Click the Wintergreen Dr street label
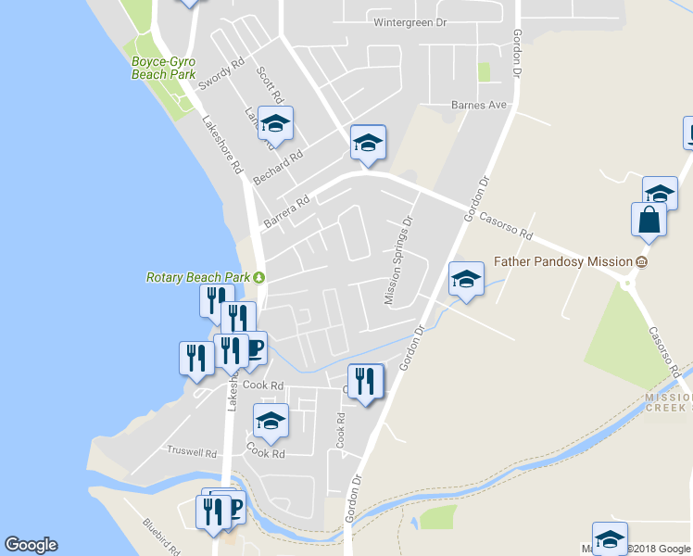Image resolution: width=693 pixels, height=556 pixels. pos(409,22)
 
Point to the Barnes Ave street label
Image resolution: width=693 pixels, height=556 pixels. pos(479,106)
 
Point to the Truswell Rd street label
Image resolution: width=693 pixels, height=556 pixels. pos(192,453)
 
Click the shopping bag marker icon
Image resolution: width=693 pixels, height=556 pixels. pos(649,221)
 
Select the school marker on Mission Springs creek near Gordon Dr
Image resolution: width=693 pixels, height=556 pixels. pos(465,278)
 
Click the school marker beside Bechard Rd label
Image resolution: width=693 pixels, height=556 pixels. pos(275,123)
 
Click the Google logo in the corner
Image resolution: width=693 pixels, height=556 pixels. pos(31,545)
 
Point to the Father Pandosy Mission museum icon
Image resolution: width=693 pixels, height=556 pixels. pos(640,262)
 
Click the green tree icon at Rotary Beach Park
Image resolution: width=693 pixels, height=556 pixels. pos(260,277)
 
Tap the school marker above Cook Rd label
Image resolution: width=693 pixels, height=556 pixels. pos(271,422)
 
